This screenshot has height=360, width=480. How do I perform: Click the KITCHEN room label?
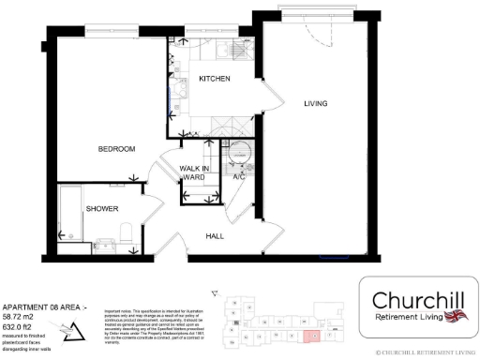215,79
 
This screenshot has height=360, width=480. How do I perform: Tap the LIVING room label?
315,103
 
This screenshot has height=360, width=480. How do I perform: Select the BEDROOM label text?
118,148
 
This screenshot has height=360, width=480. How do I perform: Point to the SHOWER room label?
102,208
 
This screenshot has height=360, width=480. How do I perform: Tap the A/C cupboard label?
238,176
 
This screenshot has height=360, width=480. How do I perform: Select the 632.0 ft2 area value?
22,324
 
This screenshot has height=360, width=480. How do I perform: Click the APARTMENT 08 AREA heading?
44,307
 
